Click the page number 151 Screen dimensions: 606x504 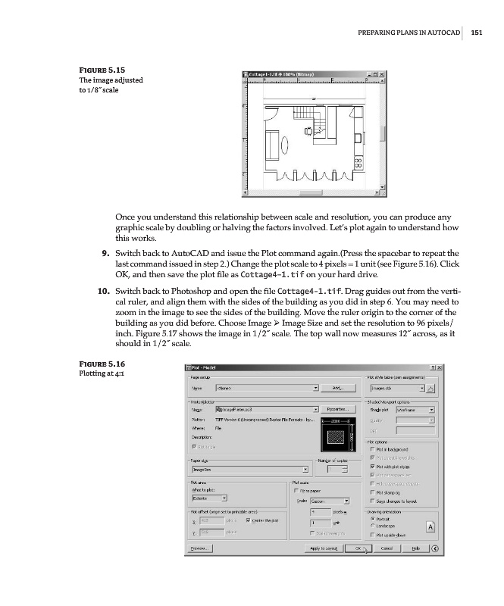[477, 32]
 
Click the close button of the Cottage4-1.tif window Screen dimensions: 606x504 [382, 74]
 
